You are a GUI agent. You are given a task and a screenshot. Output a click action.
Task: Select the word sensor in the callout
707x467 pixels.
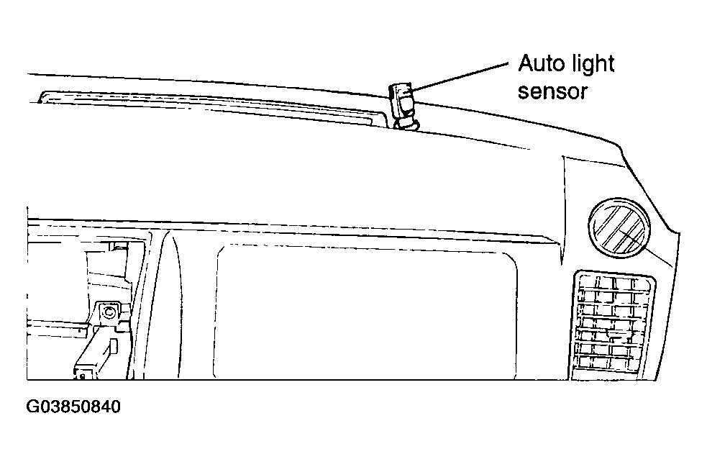pyautogui.click(x=553, y=91)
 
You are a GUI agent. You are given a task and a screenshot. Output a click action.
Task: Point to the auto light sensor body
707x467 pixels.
pyautogui.click(x=401, y=101)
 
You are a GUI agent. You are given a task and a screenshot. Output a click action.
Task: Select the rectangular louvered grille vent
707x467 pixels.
pyautogui.click(x=614, y=325)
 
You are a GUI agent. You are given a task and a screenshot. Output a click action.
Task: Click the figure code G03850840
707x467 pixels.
pyautogui.click(x=73, y=407)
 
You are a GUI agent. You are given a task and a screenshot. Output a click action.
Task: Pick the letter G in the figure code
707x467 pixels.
pyautogui.click(x=33, y=407)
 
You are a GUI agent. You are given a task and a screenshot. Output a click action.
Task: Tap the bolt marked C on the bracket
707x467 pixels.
pyautogui.click(x=108, y=312)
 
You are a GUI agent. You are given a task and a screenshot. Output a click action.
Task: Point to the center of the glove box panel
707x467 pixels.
pyautogui.click(x=366, y=312)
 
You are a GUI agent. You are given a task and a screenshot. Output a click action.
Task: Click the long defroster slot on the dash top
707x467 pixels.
pyautogui.click(x=212, y=107)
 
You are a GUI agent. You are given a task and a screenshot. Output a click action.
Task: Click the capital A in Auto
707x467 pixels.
pyautogui.click(x=526, y=63)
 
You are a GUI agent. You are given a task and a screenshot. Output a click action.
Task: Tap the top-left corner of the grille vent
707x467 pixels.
pyautogui.click(x=577, y=272)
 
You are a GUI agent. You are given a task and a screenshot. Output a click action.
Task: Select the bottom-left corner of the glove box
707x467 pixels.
pyautogui.click(x=214, y=378)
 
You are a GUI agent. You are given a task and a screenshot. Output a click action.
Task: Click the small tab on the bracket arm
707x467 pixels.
pyautogui.click(x=114, y=347)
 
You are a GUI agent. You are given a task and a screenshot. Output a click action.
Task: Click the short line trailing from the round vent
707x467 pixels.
pyautogui.click(x=660, y=258)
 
